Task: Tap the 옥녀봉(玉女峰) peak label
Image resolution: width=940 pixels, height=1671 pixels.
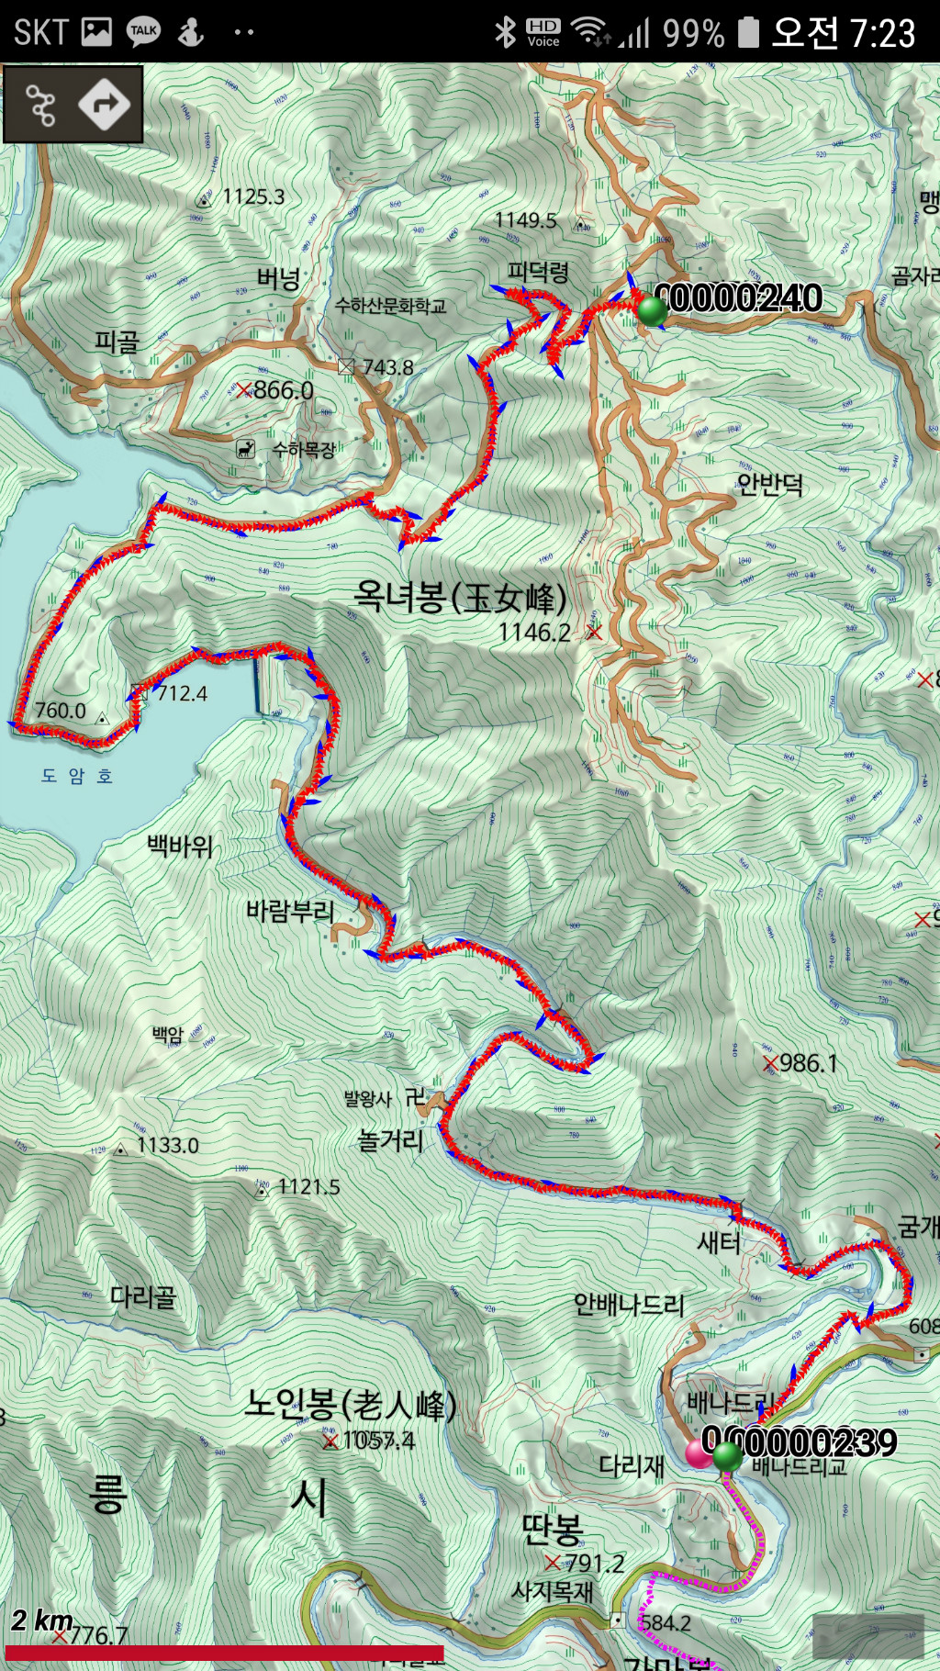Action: coord(461,599)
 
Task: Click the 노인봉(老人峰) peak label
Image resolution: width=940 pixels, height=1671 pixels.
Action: coord(351,1406)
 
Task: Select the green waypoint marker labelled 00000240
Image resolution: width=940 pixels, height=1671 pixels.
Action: coord(653,309)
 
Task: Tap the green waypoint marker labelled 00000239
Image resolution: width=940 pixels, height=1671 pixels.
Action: coord(727,1455)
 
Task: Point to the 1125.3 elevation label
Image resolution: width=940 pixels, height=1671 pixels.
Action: coord(253,196)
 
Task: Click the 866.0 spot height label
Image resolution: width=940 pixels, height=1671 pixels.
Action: coord(283,390)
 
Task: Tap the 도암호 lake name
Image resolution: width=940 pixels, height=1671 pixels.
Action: coord(77,777)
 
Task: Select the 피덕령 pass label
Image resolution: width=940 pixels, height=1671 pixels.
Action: coord(539,272)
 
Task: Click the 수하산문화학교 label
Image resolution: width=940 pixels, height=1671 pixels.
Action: coord(390,306)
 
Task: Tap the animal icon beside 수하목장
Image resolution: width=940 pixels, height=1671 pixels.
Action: coord(245,449)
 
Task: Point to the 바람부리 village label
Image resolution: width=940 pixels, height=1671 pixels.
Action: coord(290,912)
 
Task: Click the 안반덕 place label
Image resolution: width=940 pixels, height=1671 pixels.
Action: coord(770,484)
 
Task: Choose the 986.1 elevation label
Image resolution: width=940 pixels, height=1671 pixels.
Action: coord(808,1063)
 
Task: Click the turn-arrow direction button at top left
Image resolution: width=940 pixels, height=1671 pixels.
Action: coord(104,105)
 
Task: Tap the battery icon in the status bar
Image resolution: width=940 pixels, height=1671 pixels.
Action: coord(749,33)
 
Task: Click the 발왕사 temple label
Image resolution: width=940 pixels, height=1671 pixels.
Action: coord(367,1099)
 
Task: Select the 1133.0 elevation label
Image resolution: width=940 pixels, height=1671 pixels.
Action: coord(167,1146)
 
